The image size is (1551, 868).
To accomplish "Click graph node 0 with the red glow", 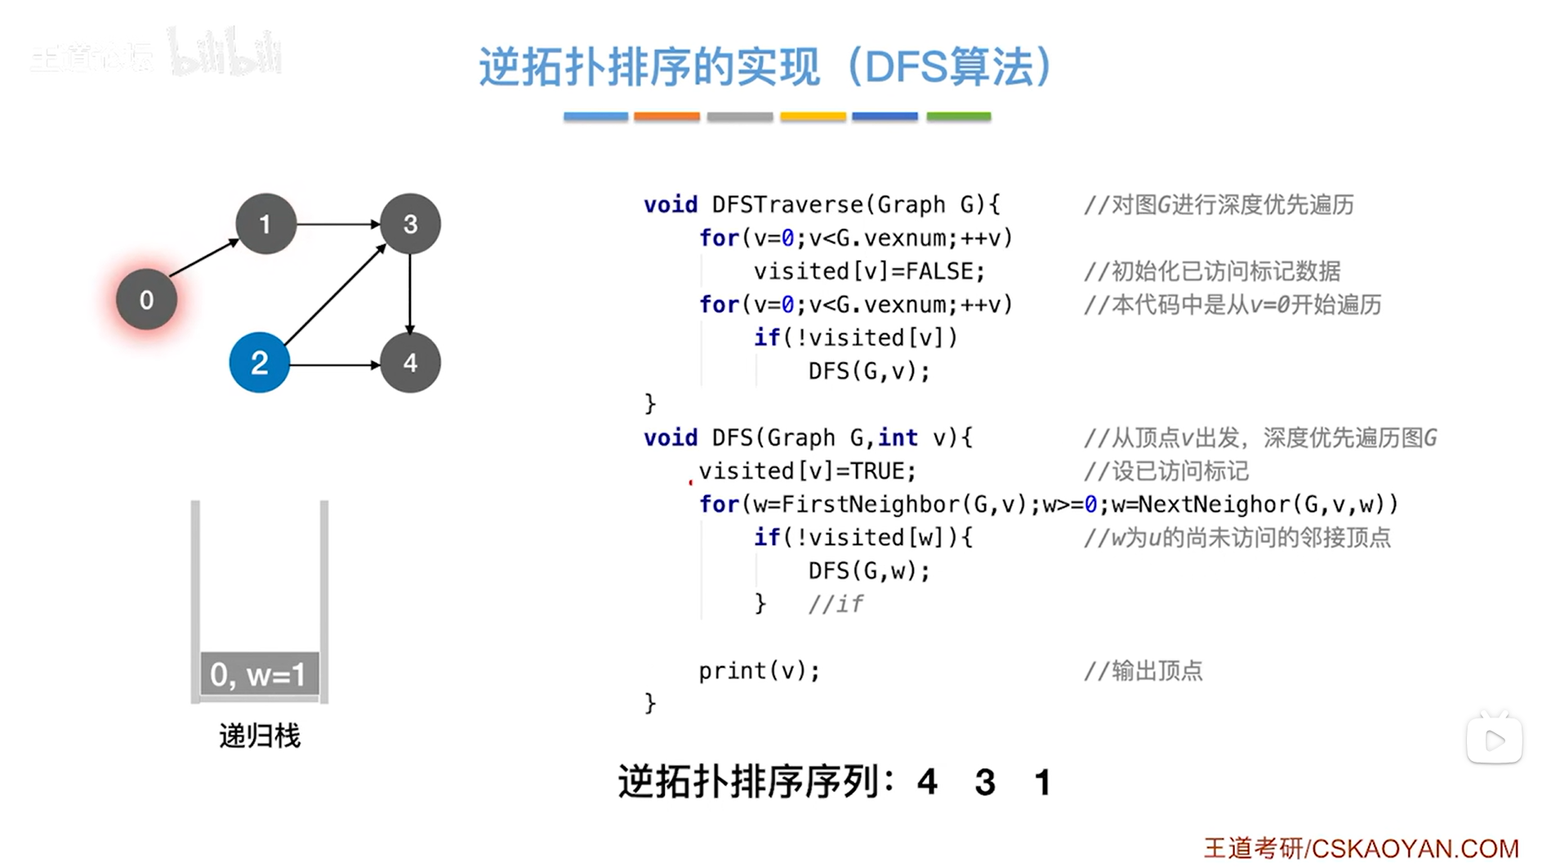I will [x=146, y=300].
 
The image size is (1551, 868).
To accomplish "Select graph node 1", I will [x=265, y=224].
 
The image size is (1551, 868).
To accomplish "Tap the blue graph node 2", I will [x=259, y=363].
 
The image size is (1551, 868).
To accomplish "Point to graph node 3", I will [x=410, y=224].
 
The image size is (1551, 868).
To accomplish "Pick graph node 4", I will [x=410, y=363].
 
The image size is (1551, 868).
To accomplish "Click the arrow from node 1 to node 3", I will [x=337, y=223].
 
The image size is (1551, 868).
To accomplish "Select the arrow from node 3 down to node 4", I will [x=410, y=293].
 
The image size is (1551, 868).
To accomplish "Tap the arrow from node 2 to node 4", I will [x=335, y=364].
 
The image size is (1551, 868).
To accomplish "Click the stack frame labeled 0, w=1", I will [x=259, y=674].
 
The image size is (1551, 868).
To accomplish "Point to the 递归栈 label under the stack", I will [x=260, y=736].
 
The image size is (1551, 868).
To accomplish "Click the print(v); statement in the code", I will [x=759, y=671].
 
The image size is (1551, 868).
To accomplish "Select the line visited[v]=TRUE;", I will [x=807, y=472].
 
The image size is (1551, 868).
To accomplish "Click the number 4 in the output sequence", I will [x=927, y=783].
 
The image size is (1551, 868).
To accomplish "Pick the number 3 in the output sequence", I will [x=985, y=783].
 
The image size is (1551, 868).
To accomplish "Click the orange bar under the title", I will [x=666, y=117].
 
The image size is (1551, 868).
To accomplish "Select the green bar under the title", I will [x=958, y=117].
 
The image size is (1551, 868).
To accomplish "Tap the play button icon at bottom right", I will [x=1494, y=740].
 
